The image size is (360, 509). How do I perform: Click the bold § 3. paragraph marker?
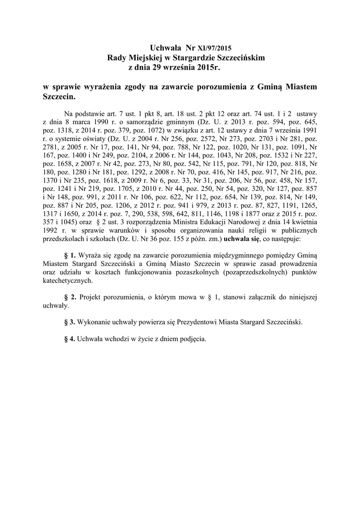click(x=70, y=322)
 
